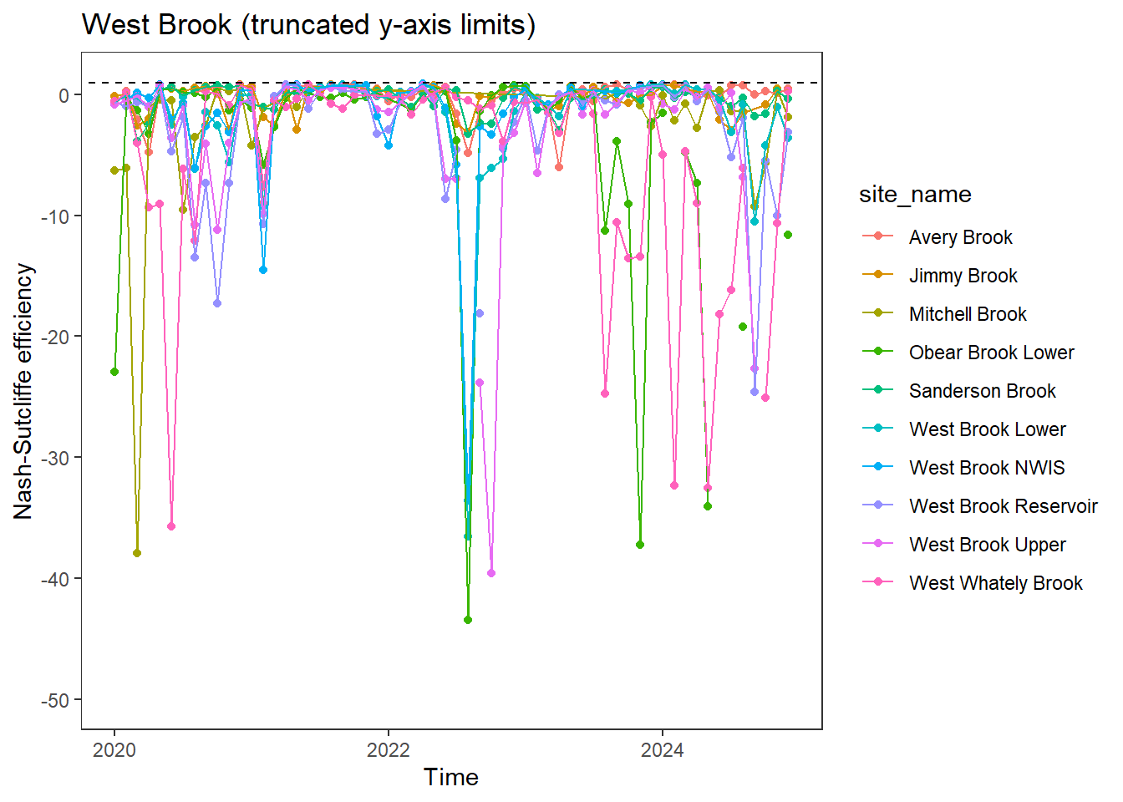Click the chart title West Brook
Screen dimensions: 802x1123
(x=308, y=25)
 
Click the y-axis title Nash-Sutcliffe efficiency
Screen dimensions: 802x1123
(x=23, y=391)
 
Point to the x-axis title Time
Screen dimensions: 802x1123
(x=451, y=777)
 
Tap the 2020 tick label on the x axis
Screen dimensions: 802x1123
(x=114, y=749)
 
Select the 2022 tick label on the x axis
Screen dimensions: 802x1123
(x=389, y=749)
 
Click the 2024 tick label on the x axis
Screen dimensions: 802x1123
(x=663, y=749)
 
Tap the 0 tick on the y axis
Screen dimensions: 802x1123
(x=64, y=95)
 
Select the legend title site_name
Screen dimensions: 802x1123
(x=915, y=195)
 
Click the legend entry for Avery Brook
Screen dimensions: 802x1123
(x=960, y=237)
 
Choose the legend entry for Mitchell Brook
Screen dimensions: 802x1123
(x=968, y=314)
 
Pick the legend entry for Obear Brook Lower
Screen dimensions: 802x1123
(x=991, y=353)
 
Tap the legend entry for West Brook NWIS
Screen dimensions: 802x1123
(x=987, y=468)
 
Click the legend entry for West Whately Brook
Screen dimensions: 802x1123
(x=995, y=583)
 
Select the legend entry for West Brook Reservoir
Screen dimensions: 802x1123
(x=1003, y=506)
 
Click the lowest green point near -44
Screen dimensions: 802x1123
(x=468, y=620)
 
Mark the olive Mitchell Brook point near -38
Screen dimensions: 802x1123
(x=137, y=553)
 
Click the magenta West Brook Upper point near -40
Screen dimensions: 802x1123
(x=491, y=573)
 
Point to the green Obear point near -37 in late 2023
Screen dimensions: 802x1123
(x=640, y=545)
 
